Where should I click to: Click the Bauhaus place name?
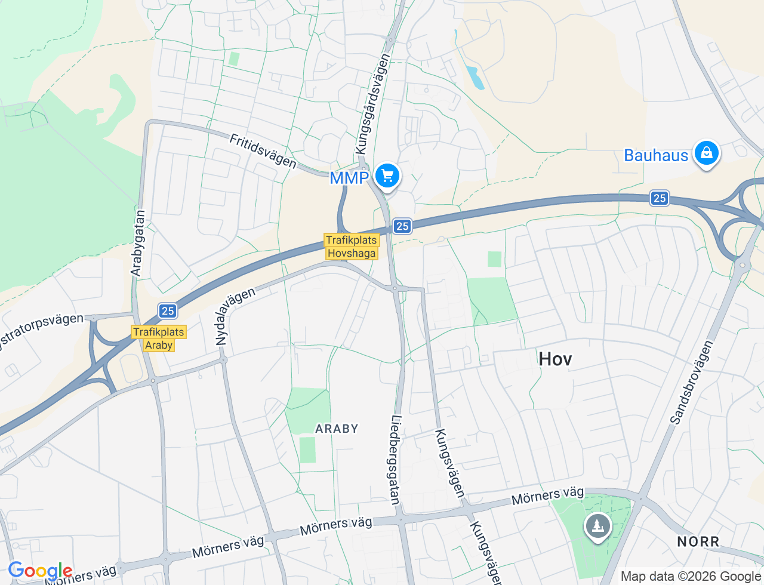click(656, 156)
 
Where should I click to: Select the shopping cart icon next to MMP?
click(387, 176)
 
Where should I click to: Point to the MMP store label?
click(349, 178)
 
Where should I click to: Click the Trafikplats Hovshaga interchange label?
click(352, 247)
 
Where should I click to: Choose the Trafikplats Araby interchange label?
click(159, 338)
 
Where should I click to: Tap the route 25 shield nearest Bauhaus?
click(659, 198)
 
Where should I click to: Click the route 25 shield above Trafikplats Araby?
click(168, 310)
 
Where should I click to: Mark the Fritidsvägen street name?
click(263, 151)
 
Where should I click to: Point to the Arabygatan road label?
click(138, 243)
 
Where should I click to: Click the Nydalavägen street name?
click(235, 316)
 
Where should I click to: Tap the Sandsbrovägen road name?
click(692, 382)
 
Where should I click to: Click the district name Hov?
click(555, 359)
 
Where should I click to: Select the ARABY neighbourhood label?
click(337, 429)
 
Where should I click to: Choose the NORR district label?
click(698, 542)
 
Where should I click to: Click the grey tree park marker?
click(597, 526)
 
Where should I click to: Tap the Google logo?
click(40, 571)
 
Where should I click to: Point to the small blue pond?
click(475, 77)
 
